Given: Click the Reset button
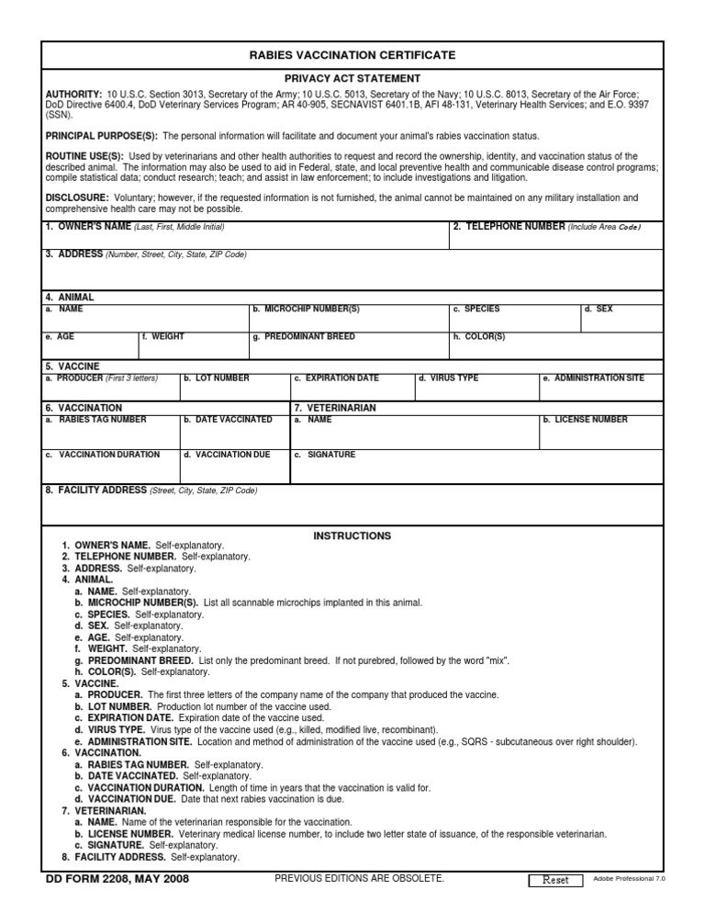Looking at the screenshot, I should point(555,880).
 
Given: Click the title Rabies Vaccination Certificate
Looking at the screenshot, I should point(352,56).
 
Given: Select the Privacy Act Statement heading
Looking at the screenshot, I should point(352,79).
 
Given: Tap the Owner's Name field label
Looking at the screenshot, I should point(88,227).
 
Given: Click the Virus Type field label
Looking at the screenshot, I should point(451,378).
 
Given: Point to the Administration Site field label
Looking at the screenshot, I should point(596,378).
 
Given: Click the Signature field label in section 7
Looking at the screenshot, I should point(328,455).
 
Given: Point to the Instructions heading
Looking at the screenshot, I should point(352,535).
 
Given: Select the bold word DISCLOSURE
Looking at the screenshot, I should point(76,197).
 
